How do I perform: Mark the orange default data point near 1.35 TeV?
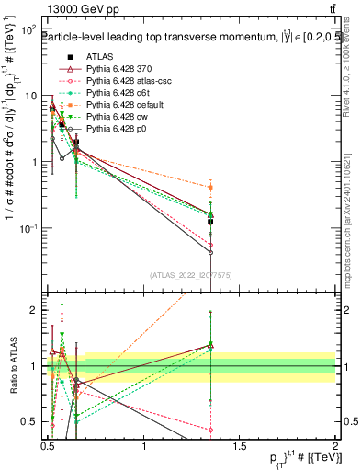coord(211,187)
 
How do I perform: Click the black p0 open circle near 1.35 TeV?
coord(211,252)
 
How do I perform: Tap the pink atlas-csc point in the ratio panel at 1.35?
coord(211,430)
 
